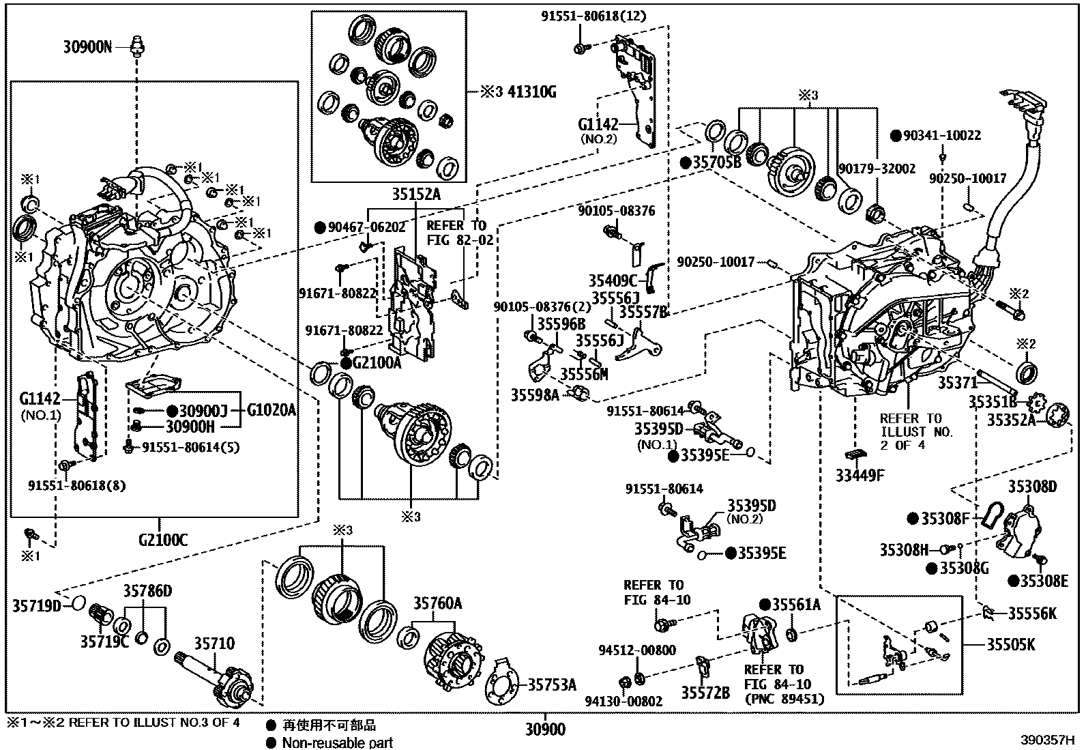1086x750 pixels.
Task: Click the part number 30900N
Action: [88, 46]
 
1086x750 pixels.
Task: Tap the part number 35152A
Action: [415, 195]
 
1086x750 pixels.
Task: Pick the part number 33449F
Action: [860, 475]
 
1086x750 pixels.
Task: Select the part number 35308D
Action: [1032, 487]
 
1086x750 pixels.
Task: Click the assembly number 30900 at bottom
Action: [545, 730]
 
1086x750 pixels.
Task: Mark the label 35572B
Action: [705, 693]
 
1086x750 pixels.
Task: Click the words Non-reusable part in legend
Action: [338, 742]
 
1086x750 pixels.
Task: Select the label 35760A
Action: [437, 603]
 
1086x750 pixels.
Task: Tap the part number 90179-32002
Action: [877, 169]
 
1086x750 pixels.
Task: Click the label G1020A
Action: [271, 410]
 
